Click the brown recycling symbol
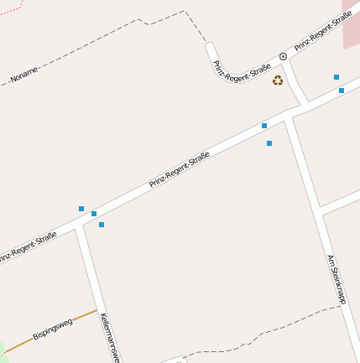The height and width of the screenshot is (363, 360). (278, 80)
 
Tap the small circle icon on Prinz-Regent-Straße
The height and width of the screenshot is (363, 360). (284, 56)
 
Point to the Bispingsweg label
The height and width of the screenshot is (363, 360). (53, 329)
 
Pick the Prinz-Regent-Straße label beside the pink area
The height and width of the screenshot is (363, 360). (321, 31)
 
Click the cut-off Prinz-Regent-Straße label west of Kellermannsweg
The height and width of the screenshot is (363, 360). (29, 246)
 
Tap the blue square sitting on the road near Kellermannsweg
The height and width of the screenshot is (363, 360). (94, 214)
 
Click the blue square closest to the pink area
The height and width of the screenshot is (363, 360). (337, 77)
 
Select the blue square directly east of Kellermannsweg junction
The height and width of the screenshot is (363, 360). (102, 225)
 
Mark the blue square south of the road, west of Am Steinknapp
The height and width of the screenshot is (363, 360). (269, 143)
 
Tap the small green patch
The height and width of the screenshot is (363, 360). (3, 350)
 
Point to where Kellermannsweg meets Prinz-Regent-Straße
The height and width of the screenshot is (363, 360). (81, 224)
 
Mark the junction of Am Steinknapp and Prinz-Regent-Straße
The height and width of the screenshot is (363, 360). (287, 115)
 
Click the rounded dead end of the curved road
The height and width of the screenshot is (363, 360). (210, 47)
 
